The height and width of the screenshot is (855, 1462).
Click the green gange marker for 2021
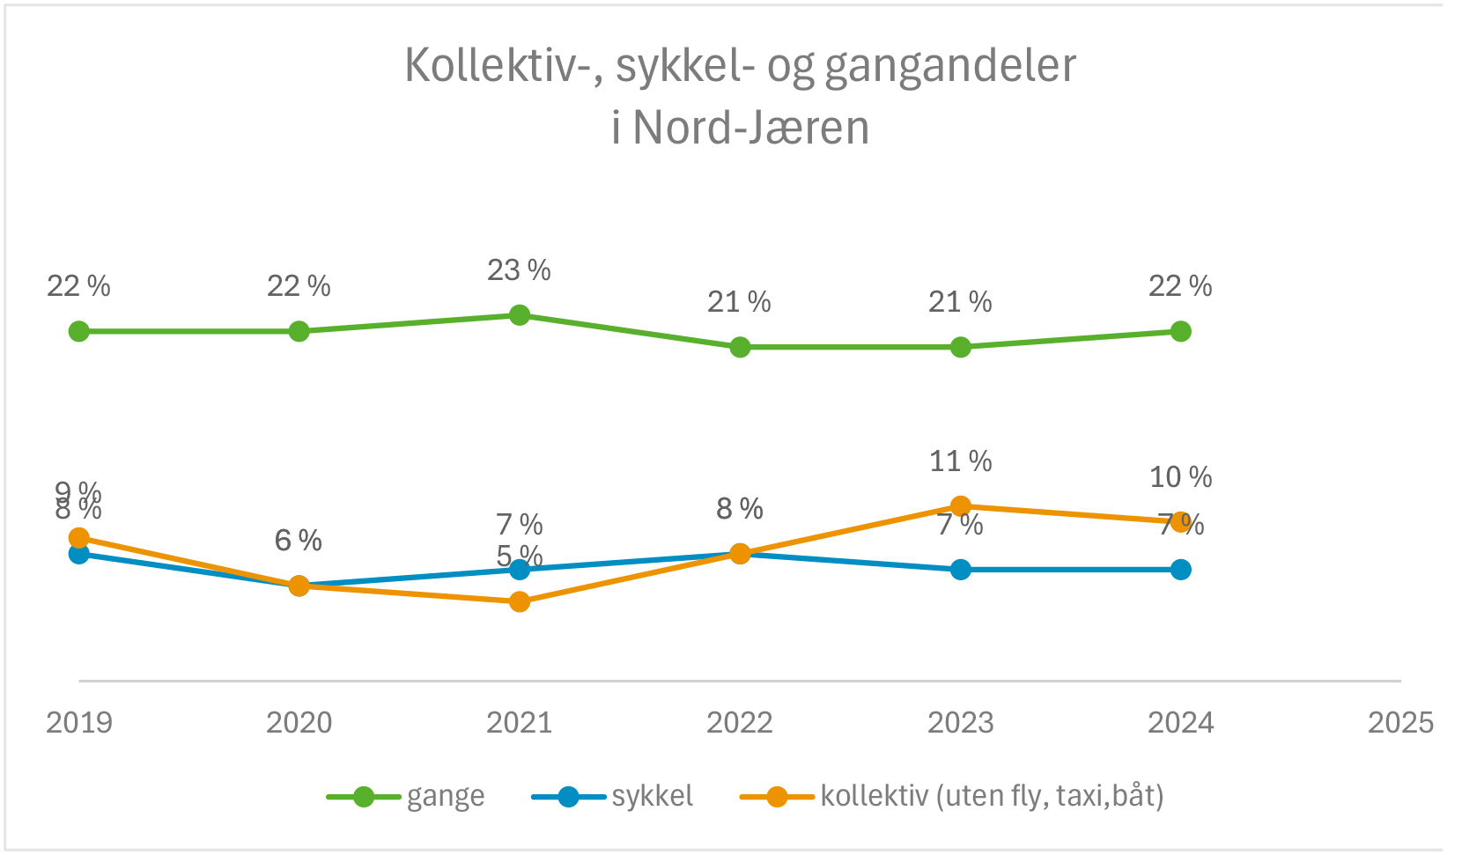tap(520, 315)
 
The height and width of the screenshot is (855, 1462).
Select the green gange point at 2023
tap(961, 347)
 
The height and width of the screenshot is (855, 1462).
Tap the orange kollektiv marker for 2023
tap(961, 506)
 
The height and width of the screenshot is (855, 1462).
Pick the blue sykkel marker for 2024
tap(1181, 570)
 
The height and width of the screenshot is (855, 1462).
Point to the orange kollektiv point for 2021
tap(520, 602)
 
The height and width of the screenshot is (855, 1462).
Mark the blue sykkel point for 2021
tap(520, 570)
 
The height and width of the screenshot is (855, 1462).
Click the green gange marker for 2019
tap(79, 331)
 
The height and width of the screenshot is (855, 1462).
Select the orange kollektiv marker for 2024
tap(1181, 522)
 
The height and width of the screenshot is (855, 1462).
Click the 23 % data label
tap(519, 270)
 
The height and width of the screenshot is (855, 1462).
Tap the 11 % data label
tap(961, 461)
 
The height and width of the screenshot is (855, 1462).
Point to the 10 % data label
tap(1181, 477)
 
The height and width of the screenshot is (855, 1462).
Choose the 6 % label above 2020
tap(299, 541)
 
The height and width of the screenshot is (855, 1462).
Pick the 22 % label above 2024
tap(1180, 286)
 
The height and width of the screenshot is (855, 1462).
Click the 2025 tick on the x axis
tap(1400, 723)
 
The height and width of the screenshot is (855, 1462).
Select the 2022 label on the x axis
tap(740, 723)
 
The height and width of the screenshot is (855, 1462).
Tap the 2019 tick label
tap(79, 723)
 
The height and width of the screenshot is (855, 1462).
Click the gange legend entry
tap(445, 797)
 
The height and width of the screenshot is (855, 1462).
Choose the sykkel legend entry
tap(652, 797)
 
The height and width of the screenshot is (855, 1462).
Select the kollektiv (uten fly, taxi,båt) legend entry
tap(992, 797)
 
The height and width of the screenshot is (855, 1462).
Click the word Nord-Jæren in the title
tap(751, 129)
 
